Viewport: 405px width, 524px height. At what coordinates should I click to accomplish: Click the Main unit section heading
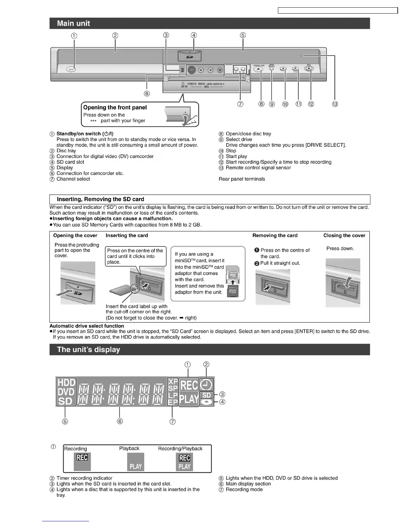73,23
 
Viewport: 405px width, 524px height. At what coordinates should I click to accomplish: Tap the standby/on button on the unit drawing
71,69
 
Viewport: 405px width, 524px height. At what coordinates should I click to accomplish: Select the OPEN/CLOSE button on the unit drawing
259,69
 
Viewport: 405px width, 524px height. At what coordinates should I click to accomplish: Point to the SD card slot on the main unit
189,56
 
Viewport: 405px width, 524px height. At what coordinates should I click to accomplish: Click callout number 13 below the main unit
335,104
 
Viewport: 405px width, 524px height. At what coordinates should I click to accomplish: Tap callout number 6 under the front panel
147,94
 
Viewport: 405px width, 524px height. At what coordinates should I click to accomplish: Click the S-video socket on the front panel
191,70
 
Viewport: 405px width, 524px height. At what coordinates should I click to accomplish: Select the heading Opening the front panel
115,108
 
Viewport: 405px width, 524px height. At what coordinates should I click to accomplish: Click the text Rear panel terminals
242,179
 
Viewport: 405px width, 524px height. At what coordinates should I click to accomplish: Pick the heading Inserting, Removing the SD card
100,199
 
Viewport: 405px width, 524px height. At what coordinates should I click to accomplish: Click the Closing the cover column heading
344,236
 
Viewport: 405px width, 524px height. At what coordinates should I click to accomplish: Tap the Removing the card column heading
275,236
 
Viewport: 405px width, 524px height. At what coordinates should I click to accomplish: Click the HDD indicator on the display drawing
66,383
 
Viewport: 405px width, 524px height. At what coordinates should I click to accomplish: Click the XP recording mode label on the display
173,381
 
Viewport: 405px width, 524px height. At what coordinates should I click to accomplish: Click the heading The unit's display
88,350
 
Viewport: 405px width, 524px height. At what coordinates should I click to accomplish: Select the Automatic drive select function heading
87,326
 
